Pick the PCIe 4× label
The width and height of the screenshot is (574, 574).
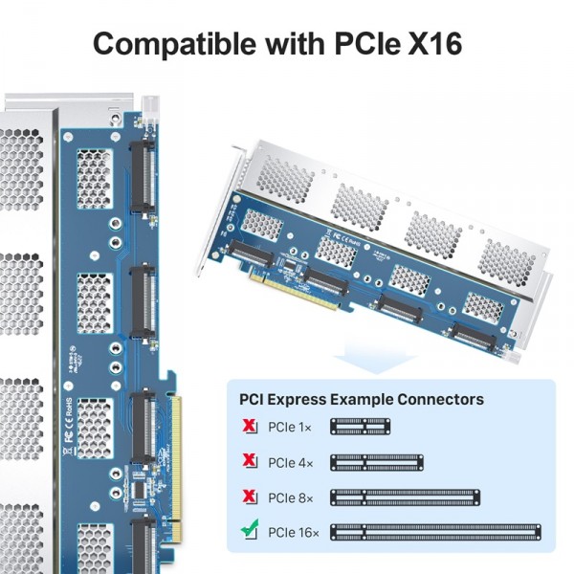tap(288, 463)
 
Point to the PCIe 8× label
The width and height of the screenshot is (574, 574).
tap(288, 497)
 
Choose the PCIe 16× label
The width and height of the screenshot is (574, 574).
tap(291, 531)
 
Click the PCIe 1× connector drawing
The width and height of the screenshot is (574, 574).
tap(362, 428)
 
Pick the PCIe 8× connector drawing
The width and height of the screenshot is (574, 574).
tap(405, 497)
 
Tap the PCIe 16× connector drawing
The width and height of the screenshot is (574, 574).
tap(434, 532)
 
